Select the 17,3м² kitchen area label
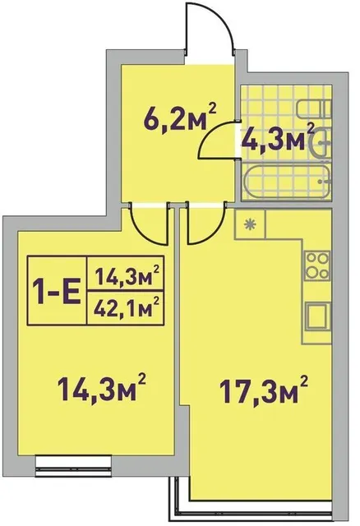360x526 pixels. click(263, 390)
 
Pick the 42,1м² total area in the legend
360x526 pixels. click(126, 308)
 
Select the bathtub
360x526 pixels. click(287, 182)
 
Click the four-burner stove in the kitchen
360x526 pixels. click(317, 266)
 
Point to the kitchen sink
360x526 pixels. click(318, 316)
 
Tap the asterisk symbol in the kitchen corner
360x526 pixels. click(250, 224)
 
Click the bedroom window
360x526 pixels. click(73, 466)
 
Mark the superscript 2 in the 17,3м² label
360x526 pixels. click(303, 381)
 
